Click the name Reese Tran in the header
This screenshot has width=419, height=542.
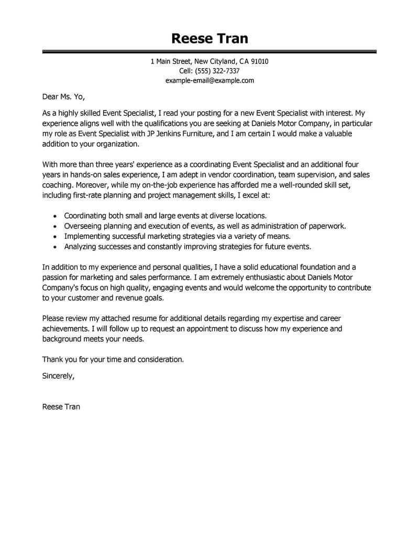210,39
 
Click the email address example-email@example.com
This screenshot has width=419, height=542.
210,80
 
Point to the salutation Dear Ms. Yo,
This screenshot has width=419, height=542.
63,97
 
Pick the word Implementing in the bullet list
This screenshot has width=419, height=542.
86,236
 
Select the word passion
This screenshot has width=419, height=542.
55,277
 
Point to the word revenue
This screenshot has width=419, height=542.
124,297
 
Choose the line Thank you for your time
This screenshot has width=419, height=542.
113,359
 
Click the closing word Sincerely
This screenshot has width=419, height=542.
58,375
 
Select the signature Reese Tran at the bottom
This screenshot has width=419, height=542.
61,406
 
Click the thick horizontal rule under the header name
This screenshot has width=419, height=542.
210,51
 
